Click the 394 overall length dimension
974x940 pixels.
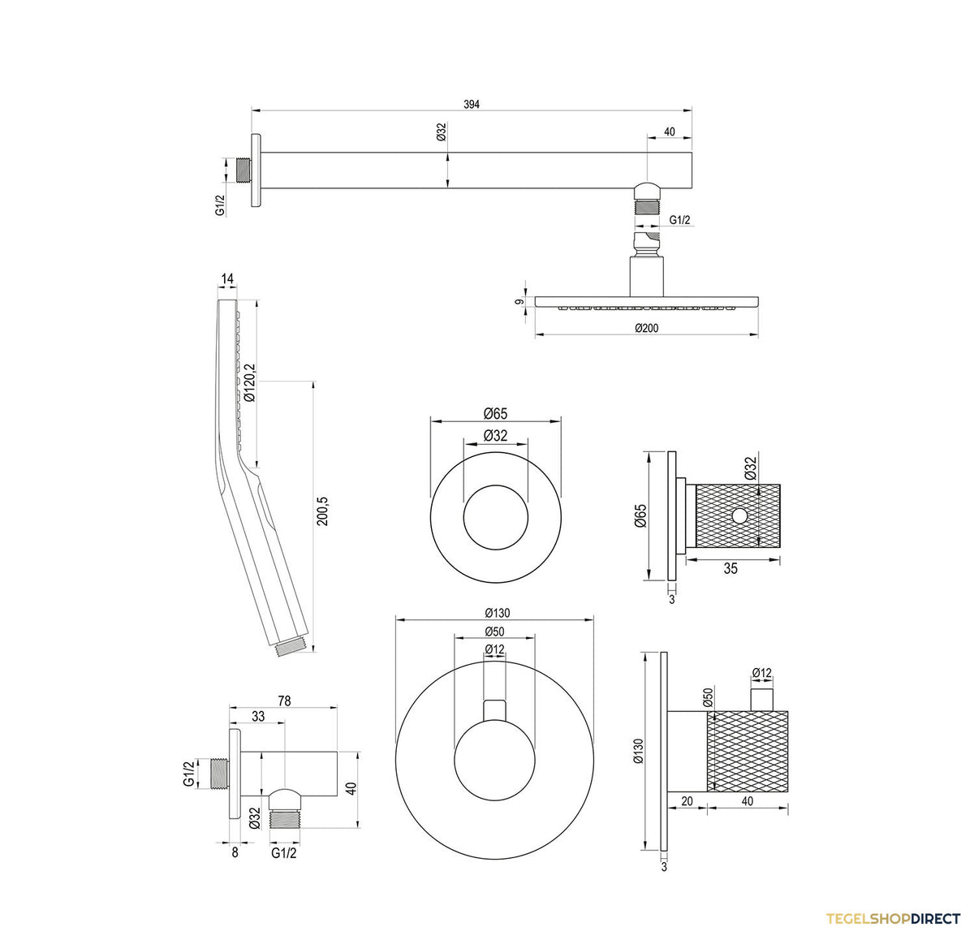471,104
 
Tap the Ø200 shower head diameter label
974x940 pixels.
646,328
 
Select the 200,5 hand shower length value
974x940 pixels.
322,511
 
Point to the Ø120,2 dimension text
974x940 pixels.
249,383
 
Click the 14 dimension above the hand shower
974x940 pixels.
227,278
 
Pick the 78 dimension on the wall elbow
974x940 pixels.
284,701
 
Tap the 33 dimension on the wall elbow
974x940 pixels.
258,716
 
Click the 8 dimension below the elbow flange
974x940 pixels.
235,852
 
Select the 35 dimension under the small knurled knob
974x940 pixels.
730,568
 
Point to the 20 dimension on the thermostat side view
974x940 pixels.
687,801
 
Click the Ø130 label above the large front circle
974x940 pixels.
497,613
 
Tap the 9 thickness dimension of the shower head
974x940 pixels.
520,301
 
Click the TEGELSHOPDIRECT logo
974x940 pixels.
892,918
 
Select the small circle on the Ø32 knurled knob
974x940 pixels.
739,515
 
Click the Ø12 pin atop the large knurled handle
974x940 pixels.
762,700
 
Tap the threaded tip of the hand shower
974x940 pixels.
292,647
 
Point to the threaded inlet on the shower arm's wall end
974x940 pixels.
243,170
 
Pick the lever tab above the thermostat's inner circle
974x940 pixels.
495,711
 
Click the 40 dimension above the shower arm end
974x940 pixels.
669,132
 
